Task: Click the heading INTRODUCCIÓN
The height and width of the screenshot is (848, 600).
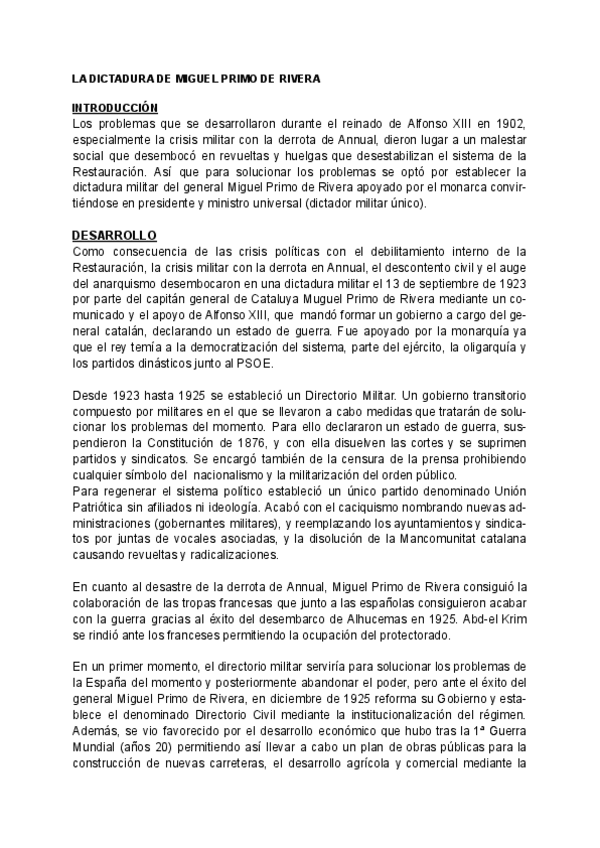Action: (x=115, y=107)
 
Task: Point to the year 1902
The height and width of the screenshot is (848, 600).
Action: (x=508, y=123)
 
